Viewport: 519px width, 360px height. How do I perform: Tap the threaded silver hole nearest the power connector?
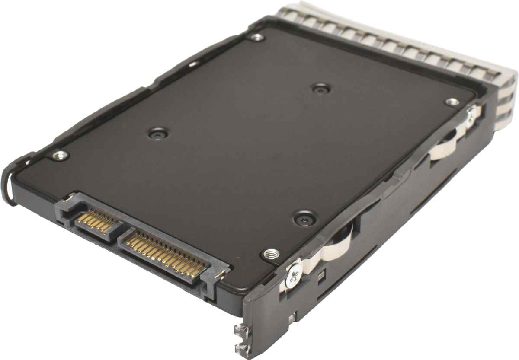(271, 254)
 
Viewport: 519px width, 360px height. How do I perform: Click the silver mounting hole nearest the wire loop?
(59, 154)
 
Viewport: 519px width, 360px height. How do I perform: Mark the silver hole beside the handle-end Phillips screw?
(452, 102)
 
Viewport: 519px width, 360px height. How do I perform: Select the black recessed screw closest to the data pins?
(159, 133)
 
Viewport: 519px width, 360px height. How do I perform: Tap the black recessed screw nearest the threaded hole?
(304, 217)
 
